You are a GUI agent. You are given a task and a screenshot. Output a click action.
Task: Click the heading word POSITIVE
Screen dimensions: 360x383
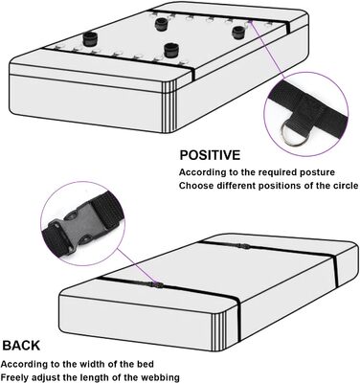click(x=210, y=155)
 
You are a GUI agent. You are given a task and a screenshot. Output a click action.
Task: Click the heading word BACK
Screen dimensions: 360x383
click(x=21, y=346)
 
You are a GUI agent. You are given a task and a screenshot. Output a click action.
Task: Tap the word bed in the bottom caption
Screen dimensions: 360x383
click(x=146, y=364)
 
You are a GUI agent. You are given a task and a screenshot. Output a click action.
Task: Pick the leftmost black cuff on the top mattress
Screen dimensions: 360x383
click(x=90, y=38)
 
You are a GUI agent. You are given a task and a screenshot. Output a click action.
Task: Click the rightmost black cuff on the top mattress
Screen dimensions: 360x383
click(x=238, y=33)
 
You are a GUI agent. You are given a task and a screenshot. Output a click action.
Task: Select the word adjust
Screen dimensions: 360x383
click(x=49, y=378)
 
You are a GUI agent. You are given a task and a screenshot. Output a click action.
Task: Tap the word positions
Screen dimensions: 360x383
click(x=280, y=186)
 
